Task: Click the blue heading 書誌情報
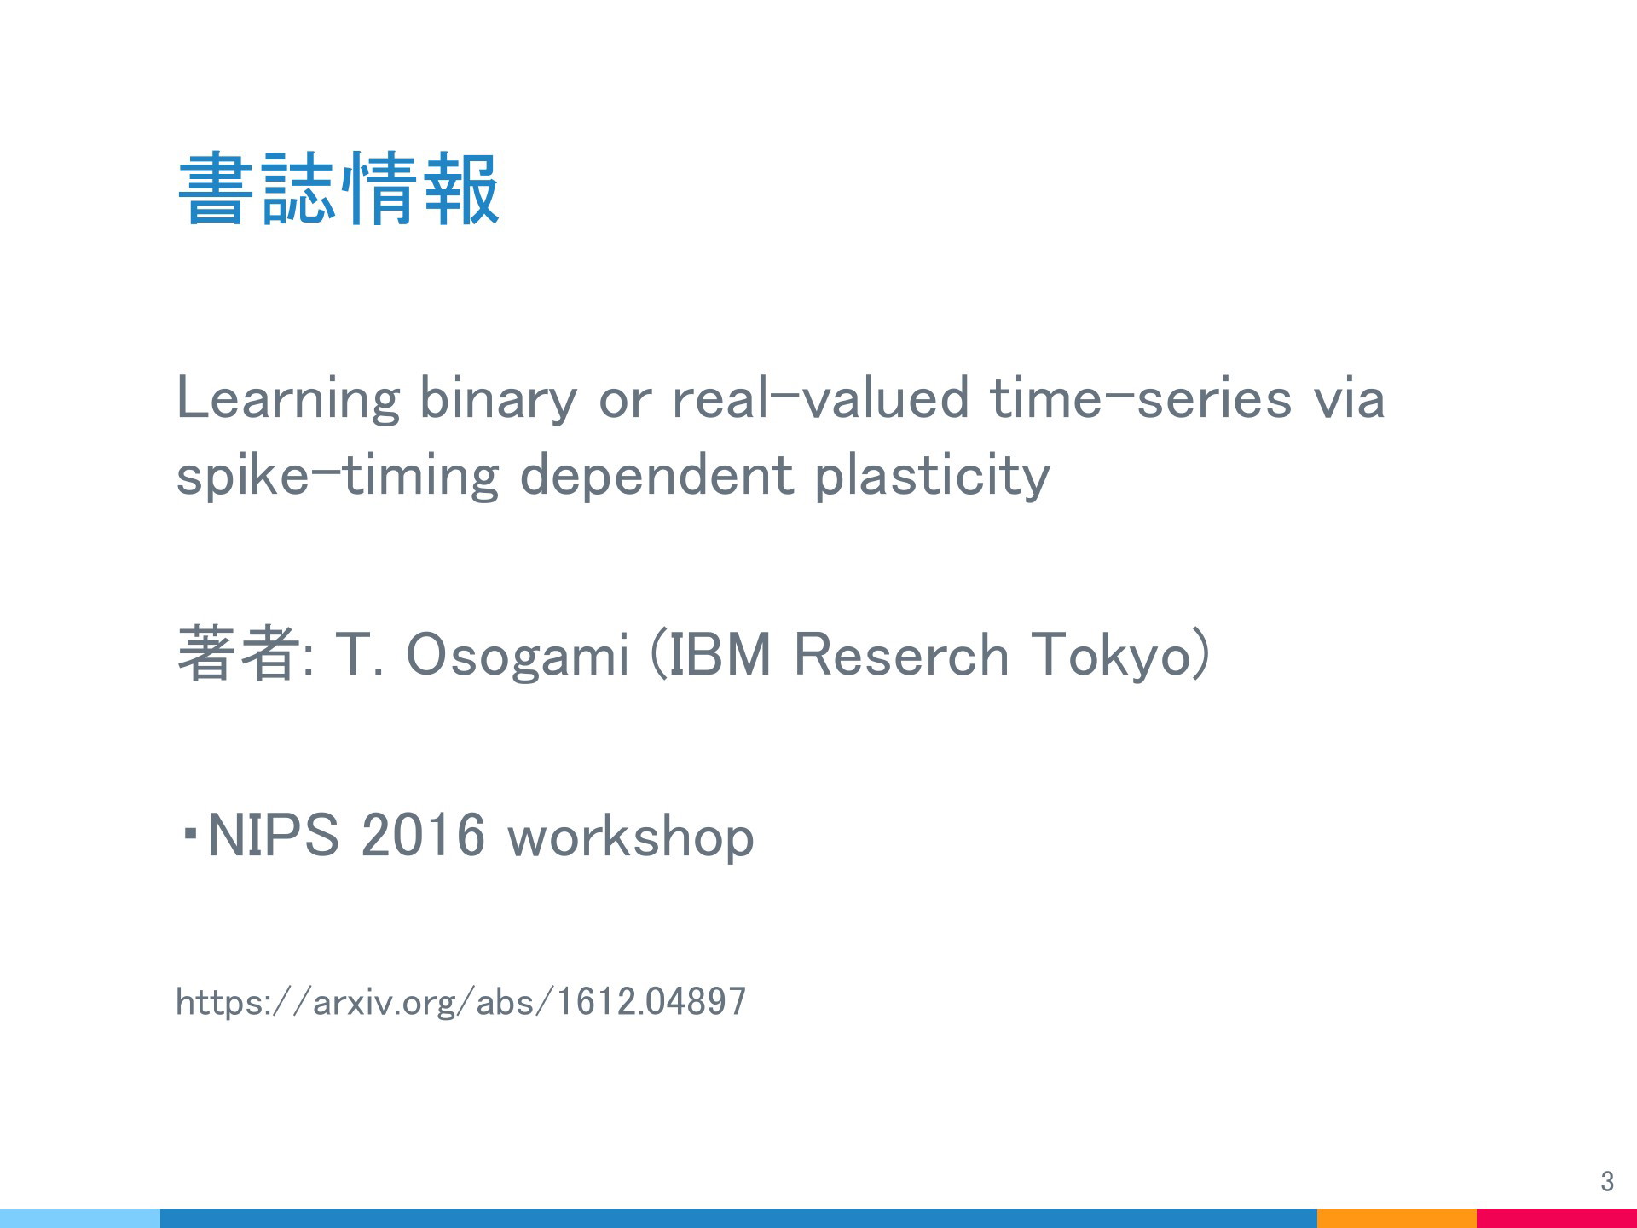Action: [x=338, y=188]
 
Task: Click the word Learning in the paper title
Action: [x=287, y=400]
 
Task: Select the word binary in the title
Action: [x=498, y=400]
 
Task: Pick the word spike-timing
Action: [x=337, y=477]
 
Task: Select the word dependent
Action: [x=657, y=477]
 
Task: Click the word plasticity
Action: [x=933, y=477]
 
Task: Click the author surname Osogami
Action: [x=517, y=656]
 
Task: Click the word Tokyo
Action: [x=1109, y=656]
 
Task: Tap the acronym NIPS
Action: [x=273, y=835]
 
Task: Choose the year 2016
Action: [x=423, y=835]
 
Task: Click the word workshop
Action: [x=631, y=837]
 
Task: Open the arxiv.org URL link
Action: [x=460, y=1001]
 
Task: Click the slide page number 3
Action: [x=1607, y=1181]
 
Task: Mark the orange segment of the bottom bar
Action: [x=1397, y=1219]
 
